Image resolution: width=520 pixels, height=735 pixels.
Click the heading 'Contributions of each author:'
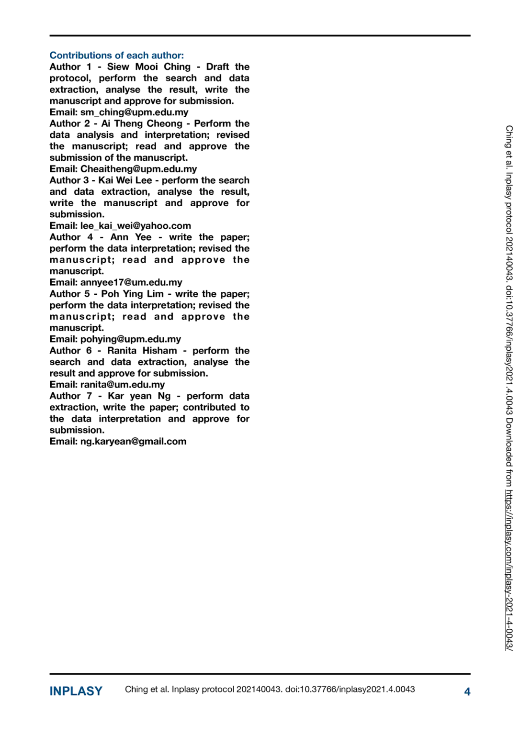pos(116,56)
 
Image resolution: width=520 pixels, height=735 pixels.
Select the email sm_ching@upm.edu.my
pos(134,112)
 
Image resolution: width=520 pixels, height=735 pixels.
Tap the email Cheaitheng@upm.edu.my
pos(138,169)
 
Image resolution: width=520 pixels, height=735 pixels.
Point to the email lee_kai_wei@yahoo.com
pos(136,226)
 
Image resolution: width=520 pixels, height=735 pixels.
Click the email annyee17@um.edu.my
pos(131,283)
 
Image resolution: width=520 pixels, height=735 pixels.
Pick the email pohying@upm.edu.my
pos(131,339)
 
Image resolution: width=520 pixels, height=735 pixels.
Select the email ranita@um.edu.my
pos(123,385)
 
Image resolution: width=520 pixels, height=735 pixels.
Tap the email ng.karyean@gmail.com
pos(133,442)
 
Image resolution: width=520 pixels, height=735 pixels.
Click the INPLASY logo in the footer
pos(76,691)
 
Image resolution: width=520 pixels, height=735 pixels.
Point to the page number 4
pos(467,692)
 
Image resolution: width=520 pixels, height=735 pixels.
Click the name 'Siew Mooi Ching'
pos(148,67)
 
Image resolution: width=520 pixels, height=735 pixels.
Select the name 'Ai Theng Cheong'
pos(142,124)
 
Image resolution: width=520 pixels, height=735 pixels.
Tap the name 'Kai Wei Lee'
pos(125,180)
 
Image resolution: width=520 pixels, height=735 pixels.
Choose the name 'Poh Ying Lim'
pos(132,294)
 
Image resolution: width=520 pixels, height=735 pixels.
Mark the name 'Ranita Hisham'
pos(142,351)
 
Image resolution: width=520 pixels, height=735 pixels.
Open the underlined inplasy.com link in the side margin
pos(509,569)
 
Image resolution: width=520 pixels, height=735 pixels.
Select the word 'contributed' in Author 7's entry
pos(209,408)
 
